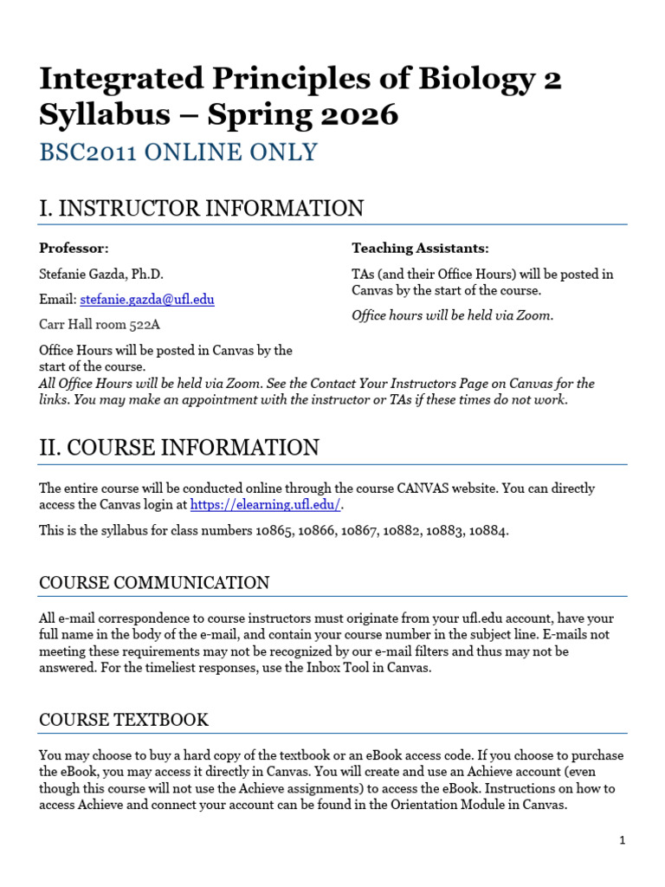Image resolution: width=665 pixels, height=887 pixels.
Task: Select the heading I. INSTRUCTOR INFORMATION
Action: pos(201,209)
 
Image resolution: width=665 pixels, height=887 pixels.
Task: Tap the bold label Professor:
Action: pos(74,249)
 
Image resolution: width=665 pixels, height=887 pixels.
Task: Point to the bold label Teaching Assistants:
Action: pos(420,249)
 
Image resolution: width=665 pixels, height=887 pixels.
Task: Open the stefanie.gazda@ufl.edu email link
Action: pos(147,300)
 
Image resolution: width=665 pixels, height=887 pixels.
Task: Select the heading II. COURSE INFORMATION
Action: pos(179,448)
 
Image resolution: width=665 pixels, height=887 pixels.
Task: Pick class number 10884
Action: pos(488,530)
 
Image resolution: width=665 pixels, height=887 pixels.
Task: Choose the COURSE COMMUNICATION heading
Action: pos(154,583)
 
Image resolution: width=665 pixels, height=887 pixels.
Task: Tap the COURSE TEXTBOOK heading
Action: pos(124,721)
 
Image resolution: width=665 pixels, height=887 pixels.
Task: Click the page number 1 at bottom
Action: pos(622,840)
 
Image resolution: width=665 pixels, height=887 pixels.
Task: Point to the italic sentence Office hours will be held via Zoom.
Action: pos(452,315)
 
